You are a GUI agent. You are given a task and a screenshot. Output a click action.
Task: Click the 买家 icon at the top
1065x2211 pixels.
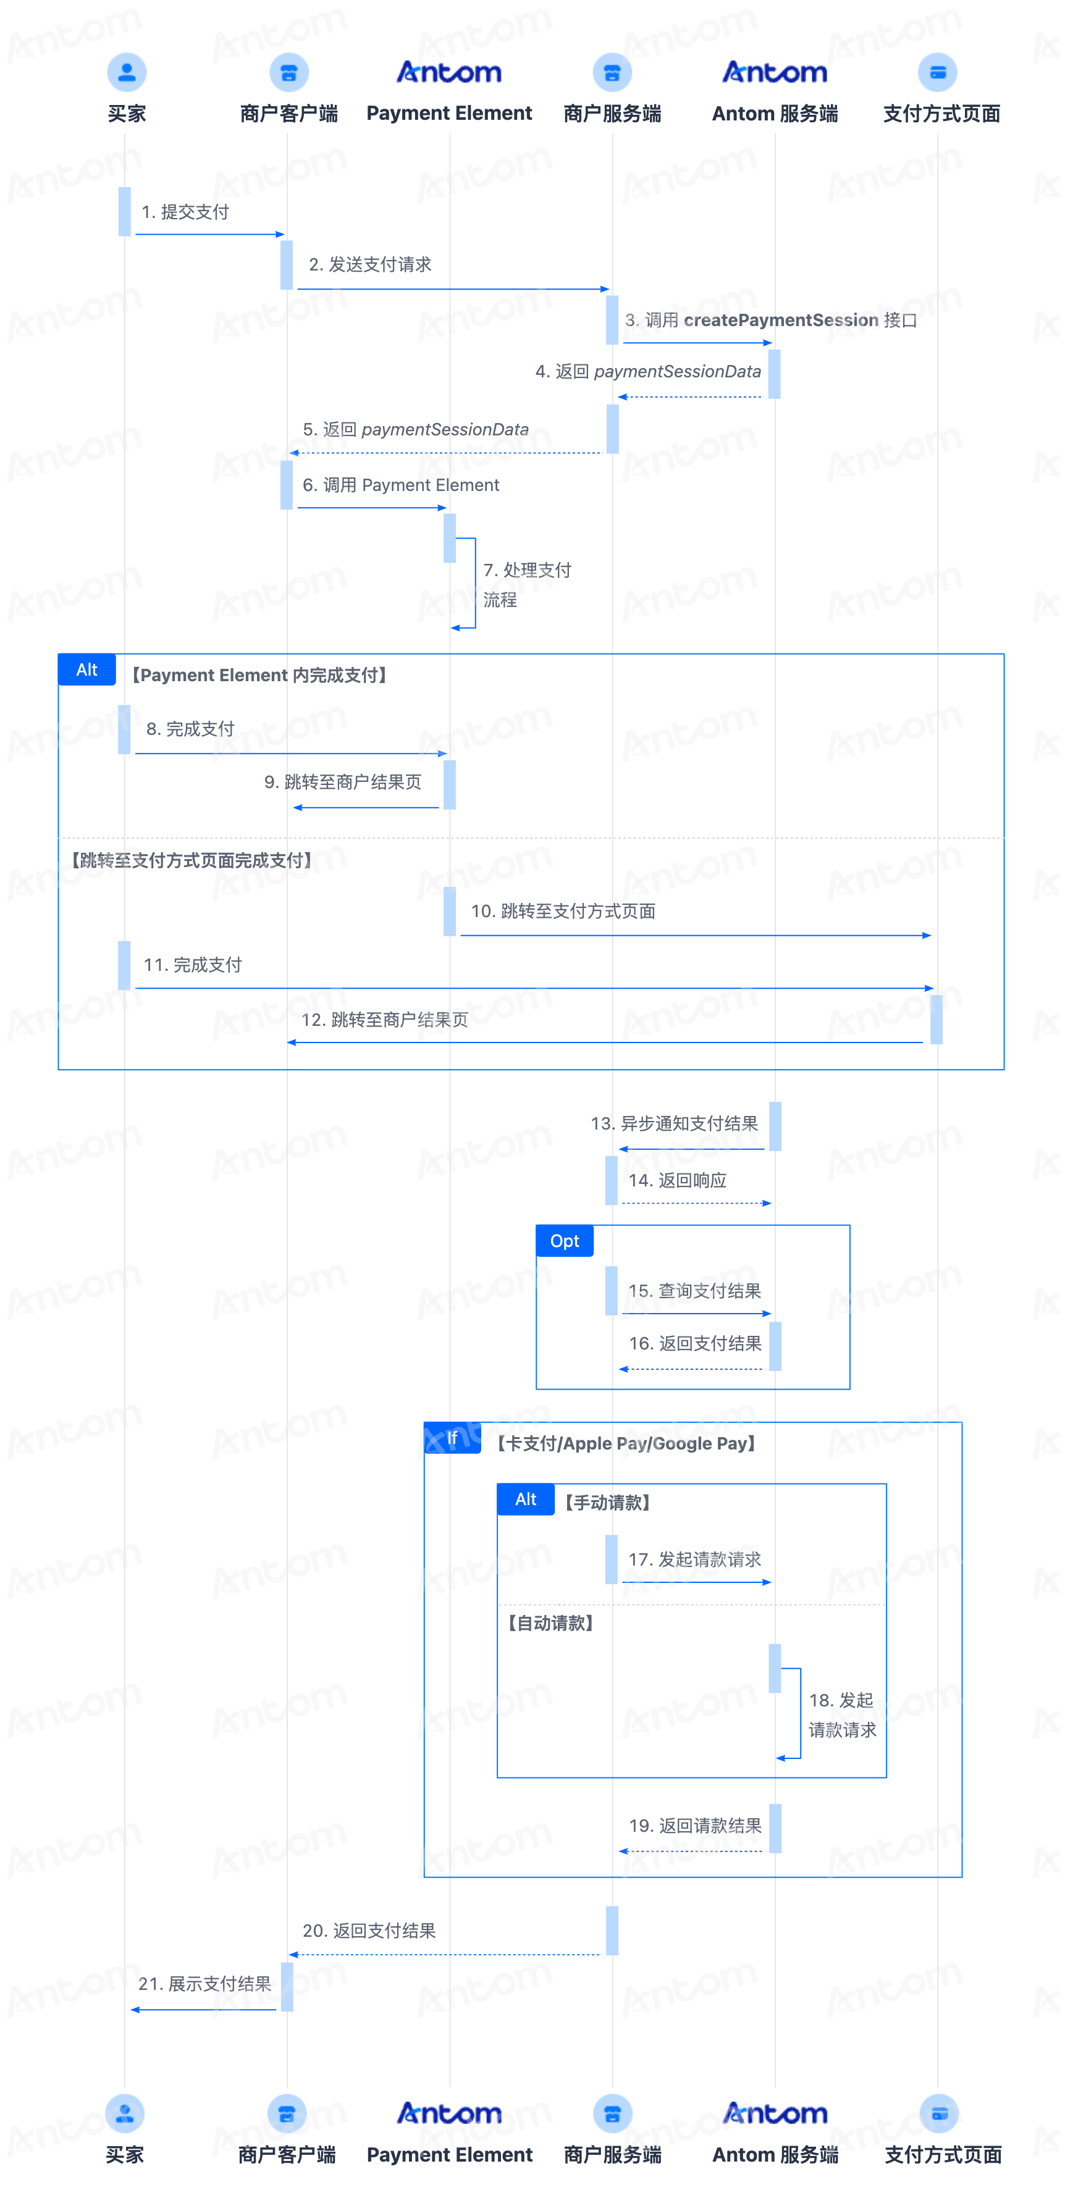[x=126, y=72]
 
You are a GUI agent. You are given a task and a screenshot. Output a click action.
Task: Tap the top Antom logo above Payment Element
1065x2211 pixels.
[x=449, y=72]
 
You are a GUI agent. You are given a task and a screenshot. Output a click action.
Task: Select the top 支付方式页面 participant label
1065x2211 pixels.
[x=941, y=113]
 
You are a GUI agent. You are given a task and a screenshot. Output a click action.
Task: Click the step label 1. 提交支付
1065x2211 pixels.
[x=185, y=212]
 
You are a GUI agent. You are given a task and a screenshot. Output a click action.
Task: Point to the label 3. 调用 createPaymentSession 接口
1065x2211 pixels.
[x=771, y=320]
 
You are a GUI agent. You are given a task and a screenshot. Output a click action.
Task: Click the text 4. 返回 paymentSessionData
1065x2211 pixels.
[x=648, y=372]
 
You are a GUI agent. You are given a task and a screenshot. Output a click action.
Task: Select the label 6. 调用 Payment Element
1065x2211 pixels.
[x=401, y=485]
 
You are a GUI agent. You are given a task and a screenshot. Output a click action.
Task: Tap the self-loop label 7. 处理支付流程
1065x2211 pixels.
[x=526, y=584]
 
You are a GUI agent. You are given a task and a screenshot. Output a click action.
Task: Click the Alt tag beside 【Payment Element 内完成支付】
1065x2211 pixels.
[x=86, y=669]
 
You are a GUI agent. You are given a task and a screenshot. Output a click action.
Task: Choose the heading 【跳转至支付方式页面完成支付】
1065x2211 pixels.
[x=192, y=860]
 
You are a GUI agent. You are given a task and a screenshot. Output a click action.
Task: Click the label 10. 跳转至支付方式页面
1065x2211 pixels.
[x=563, y=911]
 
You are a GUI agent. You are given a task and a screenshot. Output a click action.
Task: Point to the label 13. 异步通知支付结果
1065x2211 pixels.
[x=674, y=1123]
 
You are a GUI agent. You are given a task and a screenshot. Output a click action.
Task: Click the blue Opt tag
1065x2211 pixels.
[x=565, y=1241]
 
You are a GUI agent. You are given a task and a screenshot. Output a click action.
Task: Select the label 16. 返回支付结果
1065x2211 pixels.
[x=695, y=1343]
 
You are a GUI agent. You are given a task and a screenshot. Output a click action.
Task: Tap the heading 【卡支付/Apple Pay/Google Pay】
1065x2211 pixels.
[x=626, y=1444]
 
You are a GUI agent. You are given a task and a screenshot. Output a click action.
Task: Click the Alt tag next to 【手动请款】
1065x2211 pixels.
[x=525, y=1500]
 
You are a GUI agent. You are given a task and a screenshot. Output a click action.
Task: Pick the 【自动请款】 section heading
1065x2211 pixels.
[x=550, y=1623]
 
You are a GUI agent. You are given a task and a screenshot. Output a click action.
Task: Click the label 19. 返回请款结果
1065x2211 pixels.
[x=695, y=1826]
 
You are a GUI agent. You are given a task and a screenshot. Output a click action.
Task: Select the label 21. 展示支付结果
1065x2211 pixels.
[x=204, y=1984]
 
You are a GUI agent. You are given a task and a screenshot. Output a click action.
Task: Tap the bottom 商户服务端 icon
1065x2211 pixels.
[x=612, y=2113]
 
